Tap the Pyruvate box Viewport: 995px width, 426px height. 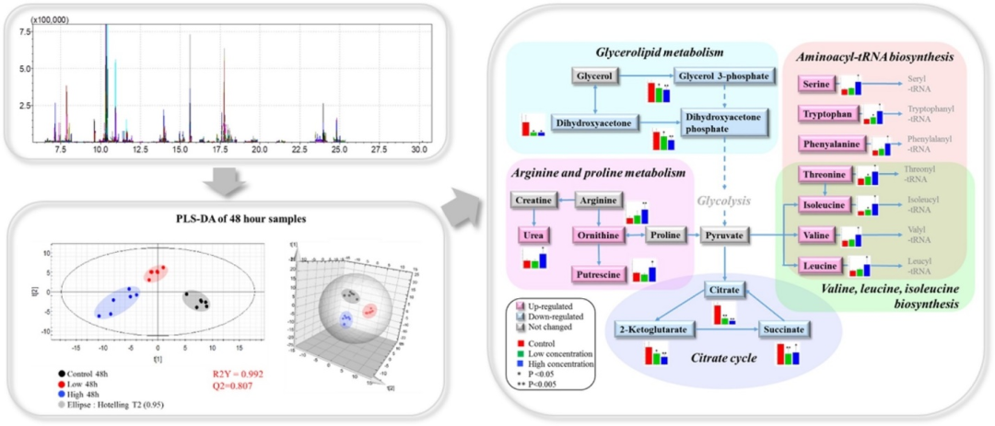725,236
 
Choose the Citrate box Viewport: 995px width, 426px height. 725,291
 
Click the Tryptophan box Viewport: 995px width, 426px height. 826,113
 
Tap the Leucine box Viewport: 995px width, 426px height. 825,267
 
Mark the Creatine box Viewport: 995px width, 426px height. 533,200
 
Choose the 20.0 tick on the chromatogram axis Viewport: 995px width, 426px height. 259,148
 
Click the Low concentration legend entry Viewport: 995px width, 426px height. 568,352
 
